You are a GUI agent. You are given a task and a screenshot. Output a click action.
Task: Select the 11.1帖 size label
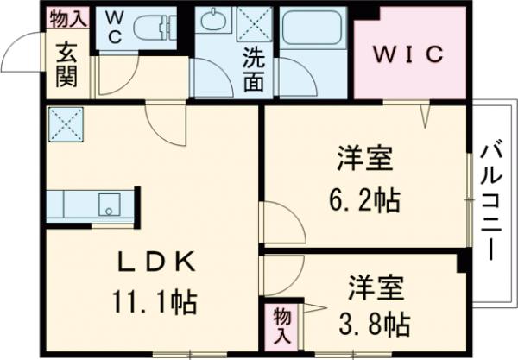coord(156,303)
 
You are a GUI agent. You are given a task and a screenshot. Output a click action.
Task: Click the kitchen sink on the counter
coord(110,205)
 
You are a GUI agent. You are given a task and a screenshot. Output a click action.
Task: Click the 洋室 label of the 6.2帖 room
coord(365,161)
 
